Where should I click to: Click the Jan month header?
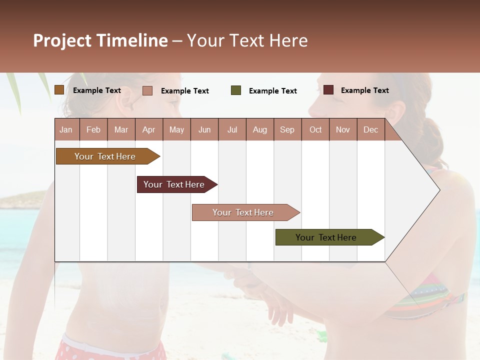[66, 129]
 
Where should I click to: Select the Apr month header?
[149, 129]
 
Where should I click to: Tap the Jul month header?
[232, 129]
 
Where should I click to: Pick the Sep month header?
[287, 129]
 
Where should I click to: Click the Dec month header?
[370, 129]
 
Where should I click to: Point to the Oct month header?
[315, 129]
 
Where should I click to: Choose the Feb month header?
[93, 129]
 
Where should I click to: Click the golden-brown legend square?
[59, 90]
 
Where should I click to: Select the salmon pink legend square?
[147, 90]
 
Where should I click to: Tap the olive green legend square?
[236, 90]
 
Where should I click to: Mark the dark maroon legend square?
[328, 90]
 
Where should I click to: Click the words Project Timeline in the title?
[100, 40]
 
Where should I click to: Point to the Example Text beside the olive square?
[272, 91]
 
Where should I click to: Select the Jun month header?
[204, 129]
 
